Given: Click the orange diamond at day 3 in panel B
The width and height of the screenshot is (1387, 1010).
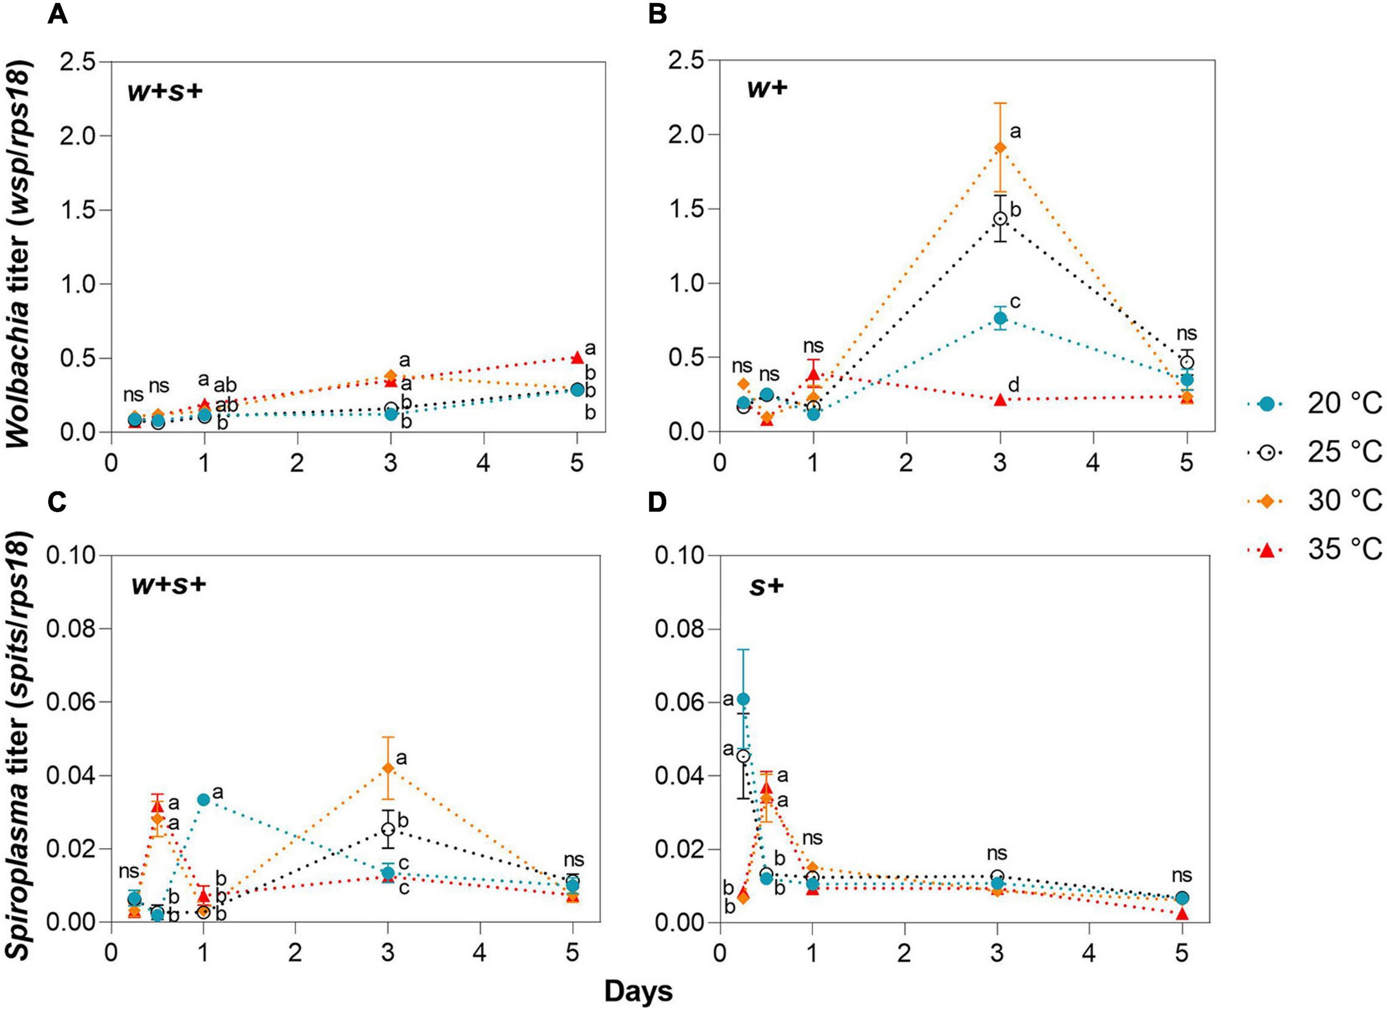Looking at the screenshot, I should [1000, 147].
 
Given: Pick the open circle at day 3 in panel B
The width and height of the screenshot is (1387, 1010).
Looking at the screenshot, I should [1000, 219].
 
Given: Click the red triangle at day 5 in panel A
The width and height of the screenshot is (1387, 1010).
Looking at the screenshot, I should [576, 357].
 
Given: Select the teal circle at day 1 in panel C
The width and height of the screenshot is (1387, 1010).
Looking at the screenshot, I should [204, 799].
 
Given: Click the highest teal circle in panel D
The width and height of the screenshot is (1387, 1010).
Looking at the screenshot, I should [743, 699].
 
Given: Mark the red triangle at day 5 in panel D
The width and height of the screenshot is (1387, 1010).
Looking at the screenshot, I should [1182, 913].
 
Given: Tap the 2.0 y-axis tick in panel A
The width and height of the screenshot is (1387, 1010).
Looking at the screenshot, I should [78, 135].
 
